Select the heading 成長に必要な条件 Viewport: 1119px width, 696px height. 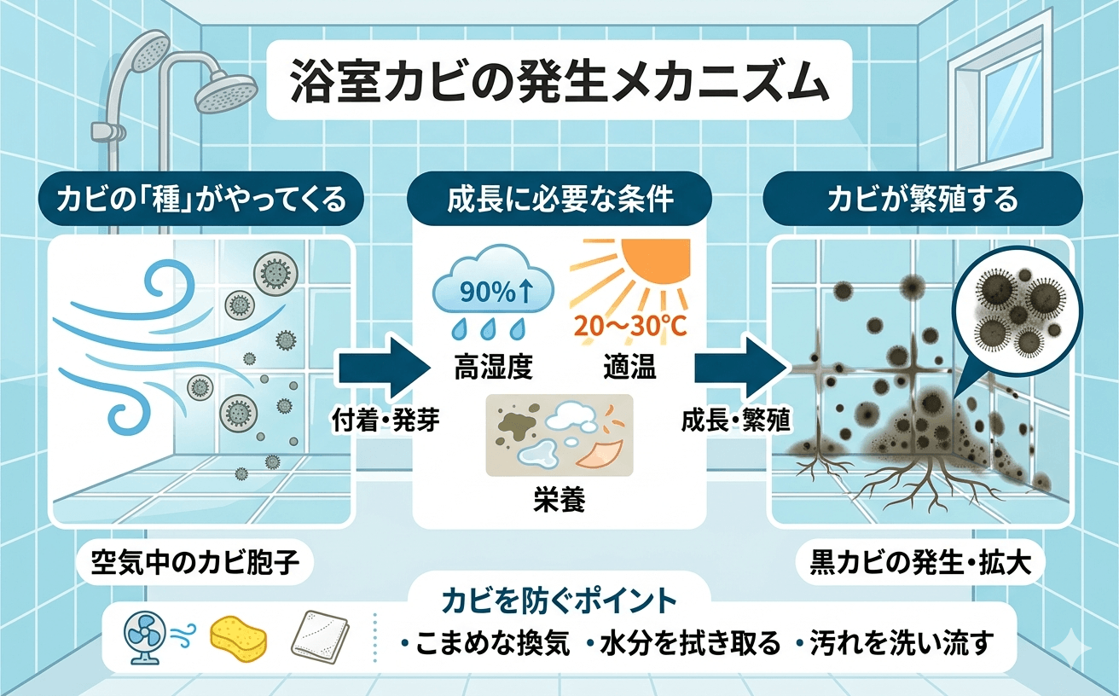(559, 201)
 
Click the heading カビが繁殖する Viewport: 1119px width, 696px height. (924, 201)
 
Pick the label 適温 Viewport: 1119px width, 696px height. (628, 369)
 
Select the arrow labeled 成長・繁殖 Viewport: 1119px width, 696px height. (739, 369)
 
